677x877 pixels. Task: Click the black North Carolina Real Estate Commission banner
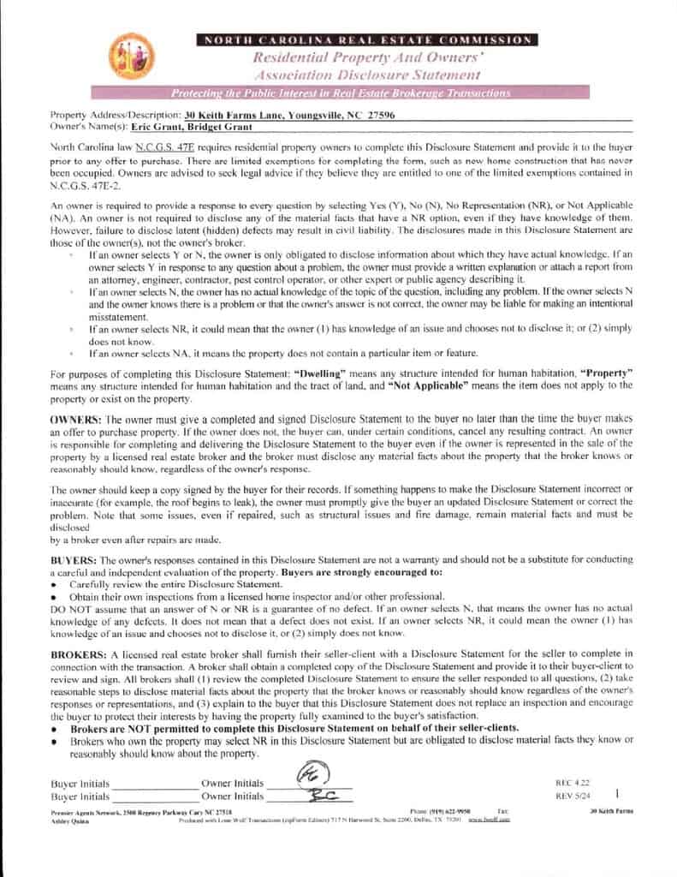(x=365, y=40)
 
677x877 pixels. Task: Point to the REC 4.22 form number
(x=573, y=783)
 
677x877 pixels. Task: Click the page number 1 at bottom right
(x=617, y=794)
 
